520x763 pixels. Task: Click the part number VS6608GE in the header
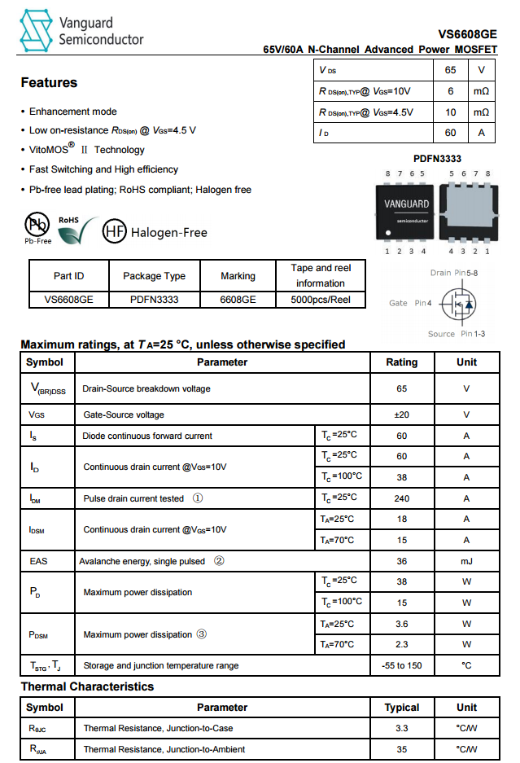(467, 34)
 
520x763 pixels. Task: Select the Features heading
(49, 83)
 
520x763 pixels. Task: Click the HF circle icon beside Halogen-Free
(114, 232)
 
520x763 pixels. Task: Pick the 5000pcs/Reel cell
(320, 300)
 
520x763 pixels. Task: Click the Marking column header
(238, 276)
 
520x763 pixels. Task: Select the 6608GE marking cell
(238, 300)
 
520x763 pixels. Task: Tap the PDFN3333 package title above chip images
(438, 160)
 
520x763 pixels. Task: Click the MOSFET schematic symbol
(458, 304)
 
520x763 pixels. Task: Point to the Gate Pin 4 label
(409, 303)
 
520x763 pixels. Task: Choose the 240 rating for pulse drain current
(402, 498)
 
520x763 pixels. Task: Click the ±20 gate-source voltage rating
(402, 414)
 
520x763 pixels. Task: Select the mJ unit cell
(466, 561)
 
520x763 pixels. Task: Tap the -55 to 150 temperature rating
(402, 665)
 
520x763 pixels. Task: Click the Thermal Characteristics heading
(87, 686)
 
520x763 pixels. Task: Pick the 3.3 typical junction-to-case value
(402, 728)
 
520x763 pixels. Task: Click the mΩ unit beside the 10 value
(481, 112)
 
